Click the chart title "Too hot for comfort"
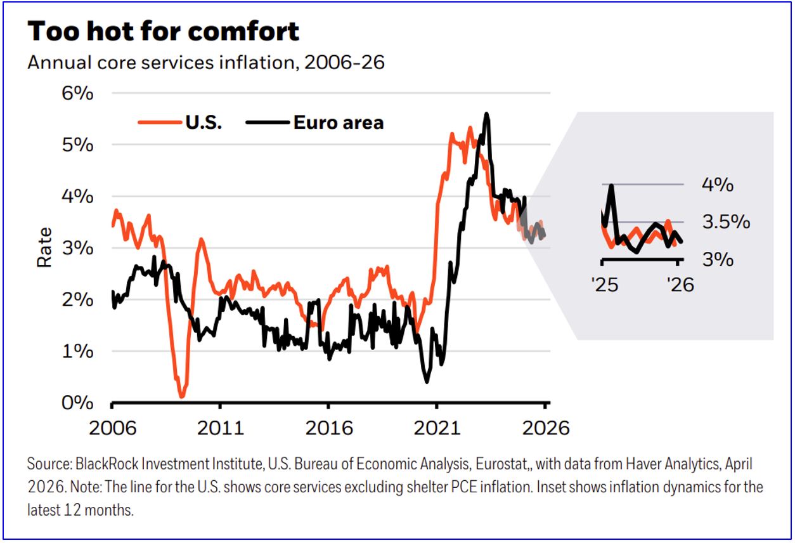164,31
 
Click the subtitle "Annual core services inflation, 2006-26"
206,63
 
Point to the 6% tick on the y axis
77,93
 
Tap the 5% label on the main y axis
77,145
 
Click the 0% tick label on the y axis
77,403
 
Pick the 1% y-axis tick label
77,351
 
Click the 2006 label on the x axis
112,428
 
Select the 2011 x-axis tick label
220,428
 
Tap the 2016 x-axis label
328,428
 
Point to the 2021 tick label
436,428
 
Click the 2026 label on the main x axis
545,428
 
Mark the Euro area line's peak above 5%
486,114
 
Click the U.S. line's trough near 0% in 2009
182,396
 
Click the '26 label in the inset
679,284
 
